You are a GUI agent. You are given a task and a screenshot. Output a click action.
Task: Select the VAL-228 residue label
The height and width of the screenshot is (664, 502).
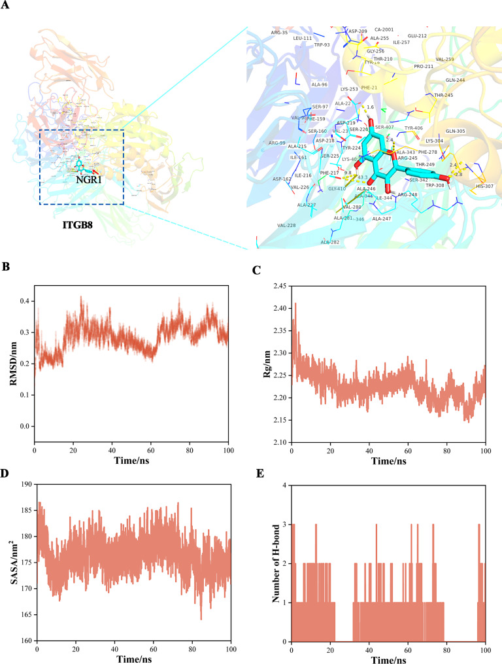(286, 225)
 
